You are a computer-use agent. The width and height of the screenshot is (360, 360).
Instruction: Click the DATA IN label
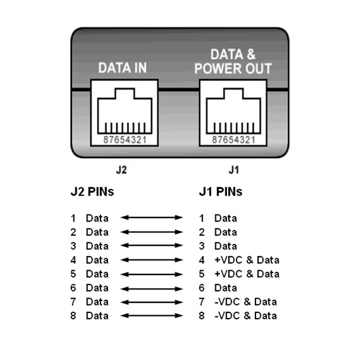[122, 68]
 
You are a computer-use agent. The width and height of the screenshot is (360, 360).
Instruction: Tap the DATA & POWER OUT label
[233, 61]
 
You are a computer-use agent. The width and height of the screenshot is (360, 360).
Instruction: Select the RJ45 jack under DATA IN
[124, 113]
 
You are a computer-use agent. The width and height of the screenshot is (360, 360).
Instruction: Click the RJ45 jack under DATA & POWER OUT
[233, 113]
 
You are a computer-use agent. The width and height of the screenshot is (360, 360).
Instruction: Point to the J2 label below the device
[121, 170]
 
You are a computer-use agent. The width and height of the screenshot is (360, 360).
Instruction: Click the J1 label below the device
[234, 170]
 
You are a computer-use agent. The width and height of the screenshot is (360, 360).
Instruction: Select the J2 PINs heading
[92, 192]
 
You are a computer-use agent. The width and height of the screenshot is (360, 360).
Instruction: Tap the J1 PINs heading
[220, 192]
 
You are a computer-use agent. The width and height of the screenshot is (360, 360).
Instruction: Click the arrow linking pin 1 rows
[151, 217]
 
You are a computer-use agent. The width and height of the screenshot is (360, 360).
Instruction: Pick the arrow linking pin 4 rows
[151, 260]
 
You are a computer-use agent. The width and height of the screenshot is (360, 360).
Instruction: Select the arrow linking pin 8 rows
[151, 316]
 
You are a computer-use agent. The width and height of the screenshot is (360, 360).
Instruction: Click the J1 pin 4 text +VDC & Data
[247, 260]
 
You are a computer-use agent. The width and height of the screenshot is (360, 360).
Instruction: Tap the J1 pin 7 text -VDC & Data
[246, 302]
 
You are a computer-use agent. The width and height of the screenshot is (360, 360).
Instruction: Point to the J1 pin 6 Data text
[226, 288]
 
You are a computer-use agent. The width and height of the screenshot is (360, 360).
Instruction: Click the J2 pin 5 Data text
[97, 274]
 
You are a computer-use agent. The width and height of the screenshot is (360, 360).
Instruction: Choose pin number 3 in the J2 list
[73, 246]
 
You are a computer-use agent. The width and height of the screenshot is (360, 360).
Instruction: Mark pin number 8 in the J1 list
[202, 316]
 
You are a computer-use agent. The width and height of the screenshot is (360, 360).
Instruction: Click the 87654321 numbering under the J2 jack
[125, 140]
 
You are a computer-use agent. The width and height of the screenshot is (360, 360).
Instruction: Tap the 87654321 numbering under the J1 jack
[234, 140]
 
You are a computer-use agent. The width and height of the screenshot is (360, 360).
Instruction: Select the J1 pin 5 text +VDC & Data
[247, 274]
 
